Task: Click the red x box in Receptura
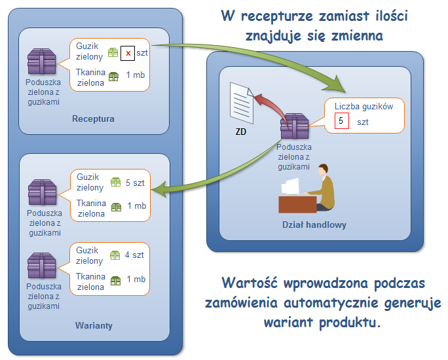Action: click(x=128, y=53)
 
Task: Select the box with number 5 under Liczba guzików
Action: click(x=341, y=121)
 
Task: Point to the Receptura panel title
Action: click(x=93, y=119)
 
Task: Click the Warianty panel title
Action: click(x=93, y=325)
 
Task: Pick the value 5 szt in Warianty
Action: click(x=135, y=183)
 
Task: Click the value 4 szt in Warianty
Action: click(x=135, y=255)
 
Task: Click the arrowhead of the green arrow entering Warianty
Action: click(x=156, y=190)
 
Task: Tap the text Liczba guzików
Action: click(x=364, y=106)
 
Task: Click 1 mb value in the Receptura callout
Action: click(x=136, y=75)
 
